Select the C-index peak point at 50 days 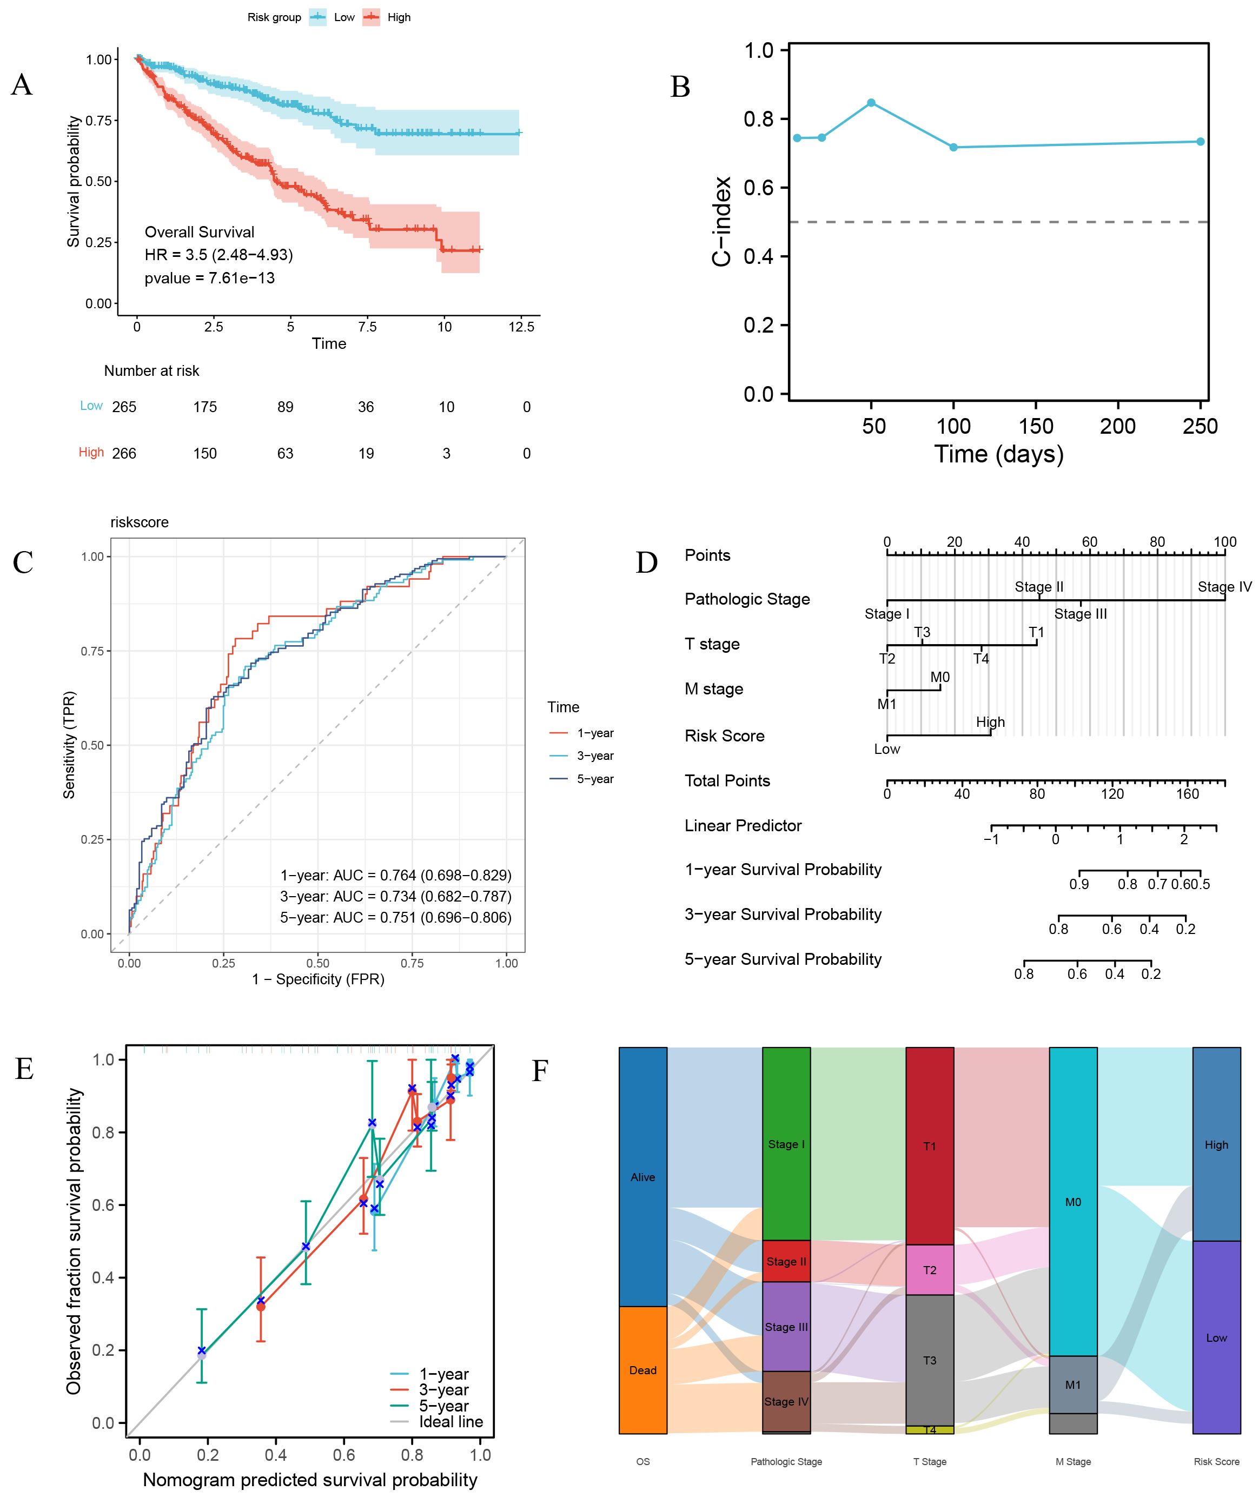(x=871, y=103)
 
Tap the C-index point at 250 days (x=1200, y=141)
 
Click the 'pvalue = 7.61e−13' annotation (x=209, y=277)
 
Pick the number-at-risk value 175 (x=205, y=407)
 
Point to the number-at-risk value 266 (x=124, y=453)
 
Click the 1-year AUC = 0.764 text (x=395, y=875)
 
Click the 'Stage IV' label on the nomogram (x=1224, y=587)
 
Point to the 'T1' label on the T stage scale (x=1036, y=633)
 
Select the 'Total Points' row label (x=727, y=781)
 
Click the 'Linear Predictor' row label (x=743, y=826)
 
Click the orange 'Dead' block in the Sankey (x=642, y=1370)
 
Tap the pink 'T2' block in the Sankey (x=929, y=1269)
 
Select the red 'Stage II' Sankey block (x=786, y=1261)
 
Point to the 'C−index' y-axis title (x=723, y=221)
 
